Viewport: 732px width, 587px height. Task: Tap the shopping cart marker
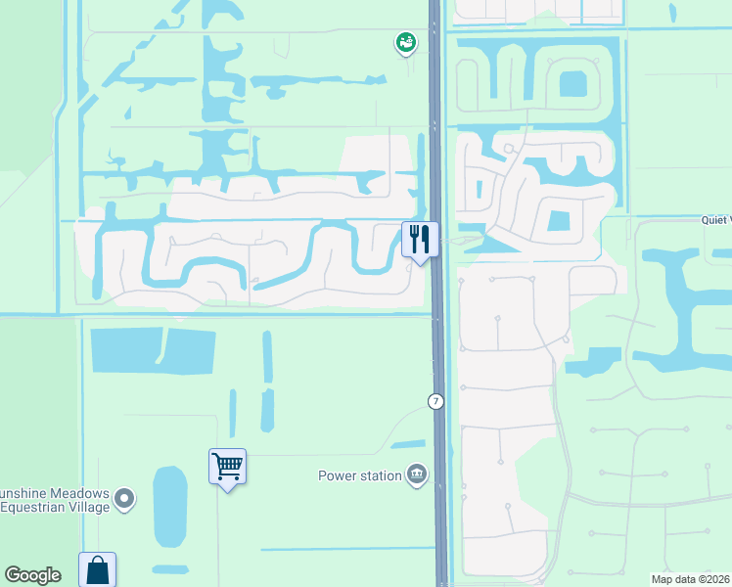(x=227, y=467)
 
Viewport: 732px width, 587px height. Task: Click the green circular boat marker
(x=405, y=42)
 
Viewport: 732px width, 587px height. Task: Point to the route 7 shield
(x=435, y=401)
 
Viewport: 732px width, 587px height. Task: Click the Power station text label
(x=360, y=476)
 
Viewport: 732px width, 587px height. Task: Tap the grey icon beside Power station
(x=417, y=475)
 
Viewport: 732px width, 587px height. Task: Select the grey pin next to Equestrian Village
(x=124, y=499)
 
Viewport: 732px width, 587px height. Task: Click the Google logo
(x=32, y=575)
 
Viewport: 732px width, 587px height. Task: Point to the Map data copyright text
(x=690, y=579)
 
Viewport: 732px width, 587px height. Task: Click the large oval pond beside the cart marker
(x=169, y=506)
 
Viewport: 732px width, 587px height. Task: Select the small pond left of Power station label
(x=407, y=445)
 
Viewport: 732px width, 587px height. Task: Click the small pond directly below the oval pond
(x=170, y=569)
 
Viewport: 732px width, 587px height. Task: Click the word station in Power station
(x=378, y=476)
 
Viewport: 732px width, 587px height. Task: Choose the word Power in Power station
(x=335, y=476)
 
